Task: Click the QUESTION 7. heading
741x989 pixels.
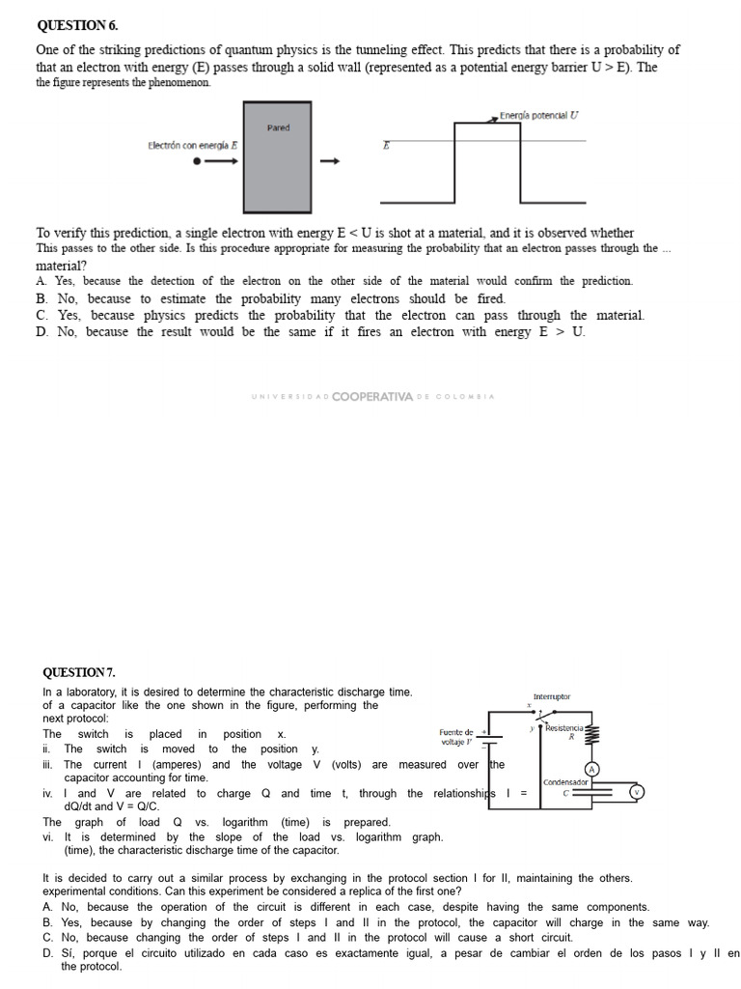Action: pos(78,671)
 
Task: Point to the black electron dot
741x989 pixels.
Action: pos(197,161)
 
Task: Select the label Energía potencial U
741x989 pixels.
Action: pos(539,116)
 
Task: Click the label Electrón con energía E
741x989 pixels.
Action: pos(193,145)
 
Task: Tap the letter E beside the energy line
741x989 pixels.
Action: pos(386,145)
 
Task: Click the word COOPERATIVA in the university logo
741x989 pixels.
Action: pos(372,396)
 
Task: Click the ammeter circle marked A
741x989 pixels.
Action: pos(594,769)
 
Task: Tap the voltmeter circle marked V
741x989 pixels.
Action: pos(636,792)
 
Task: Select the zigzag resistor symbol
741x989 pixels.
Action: pos(592,735)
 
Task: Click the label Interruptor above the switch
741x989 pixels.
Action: pos(551,696)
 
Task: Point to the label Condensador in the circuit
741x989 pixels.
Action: pos(565,782)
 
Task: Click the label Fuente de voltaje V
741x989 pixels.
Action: pos(456,737)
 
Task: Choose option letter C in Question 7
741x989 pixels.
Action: pos(47,937)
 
